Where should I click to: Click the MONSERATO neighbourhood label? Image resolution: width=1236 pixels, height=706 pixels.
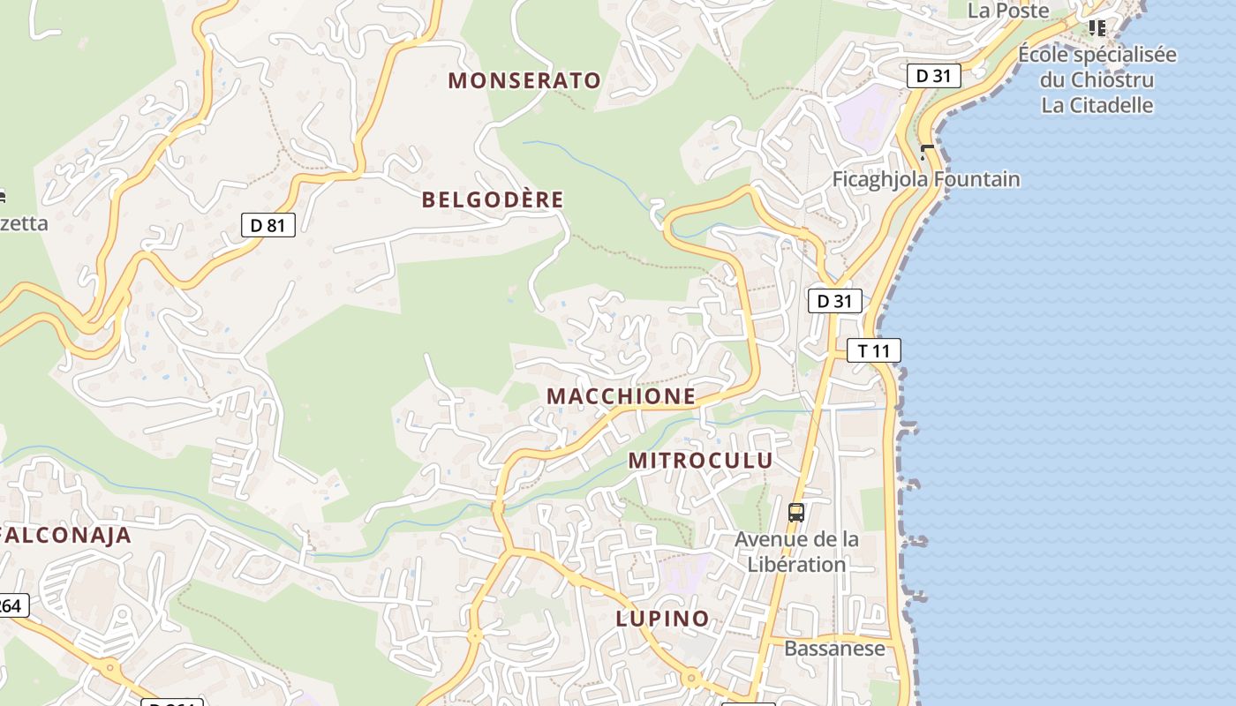524,80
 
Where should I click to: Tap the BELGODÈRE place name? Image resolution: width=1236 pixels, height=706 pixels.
492,199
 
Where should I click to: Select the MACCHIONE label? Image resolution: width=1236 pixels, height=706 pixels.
621,396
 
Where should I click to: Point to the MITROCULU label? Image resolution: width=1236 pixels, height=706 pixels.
700,460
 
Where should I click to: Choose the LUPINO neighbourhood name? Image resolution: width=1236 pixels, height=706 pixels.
662,619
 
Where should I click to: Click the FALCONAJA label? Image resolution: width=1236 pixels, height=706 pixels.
67,535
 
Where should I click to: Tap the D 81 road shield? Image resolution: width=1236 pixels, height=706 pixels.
268,225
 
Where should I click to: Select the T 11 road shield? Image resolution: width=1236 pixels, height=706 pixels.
874,350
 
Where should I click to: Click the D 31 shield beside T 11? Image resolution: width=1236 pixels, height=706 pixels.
834,301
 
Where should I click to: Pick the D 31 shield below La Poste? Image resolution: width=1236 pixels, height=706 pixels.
933,76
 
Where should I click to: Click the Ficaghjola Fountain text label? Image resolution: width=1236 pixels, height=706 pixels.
926,180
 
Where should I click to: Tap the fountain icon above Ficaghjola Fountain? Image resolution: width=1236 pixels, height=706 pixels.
926,152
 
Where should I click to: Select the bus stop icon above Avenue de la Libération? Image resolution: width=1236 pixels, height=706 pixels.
795,512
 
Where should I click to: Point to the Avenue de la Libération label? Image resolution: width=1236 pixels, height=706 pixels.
796,552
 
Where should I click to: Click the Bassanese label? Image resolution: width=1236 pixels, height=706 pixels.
834,649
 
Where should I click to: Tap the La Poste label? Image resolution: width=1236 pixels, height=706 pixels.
1008,11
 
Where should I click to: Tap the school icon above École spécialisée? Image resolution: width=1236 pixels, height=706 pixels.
1097,28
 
